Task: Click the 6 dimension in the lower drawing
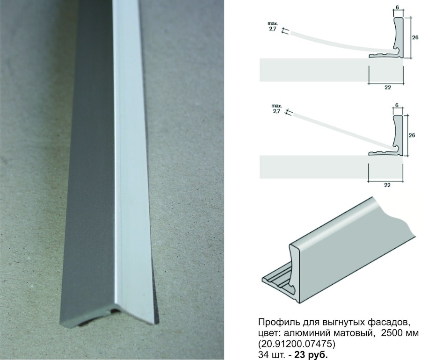coord(397,105)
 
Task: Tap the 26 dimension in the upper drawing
coord(415,37)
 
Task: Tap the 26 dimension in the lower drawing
coord(412,136)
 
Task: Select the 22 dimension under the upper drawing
coord(388,87)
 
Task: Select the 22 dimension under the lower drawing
coord(387,185)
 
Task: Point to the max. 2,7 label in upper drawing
coord(273,26)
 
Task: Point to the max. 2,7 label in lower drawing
coord(277,108)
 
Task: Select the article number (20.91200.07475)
coord(297,344)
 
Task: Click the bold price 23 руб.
coord(311,355)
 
